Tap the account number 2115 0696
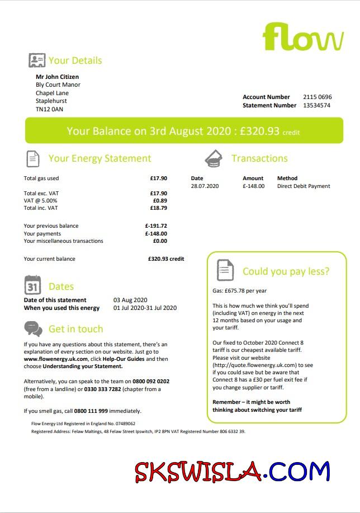(x=318, y=97)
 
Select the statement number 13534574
(x=316, y=105)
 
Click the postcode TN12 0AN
(x=49, y=110)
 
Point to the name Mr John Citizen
(x=57, y=77)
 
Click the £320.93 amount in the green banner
(x=259, y=131)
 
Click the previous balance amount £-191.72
(x=156, y=226)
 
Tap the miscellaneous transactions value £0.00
(x=160, y=241)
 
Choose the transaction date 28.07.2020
(x=205, y=186)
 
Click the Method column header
(x=287, y=178)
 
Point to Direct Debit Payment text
(x=304, y=186)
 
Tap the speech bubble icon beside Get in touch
(x=33, y=328)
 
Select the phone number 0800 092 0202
(x=150, y=382)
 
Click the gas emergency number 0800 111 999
(x=91, y=411)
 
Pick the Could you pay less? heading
(x=286, y=271)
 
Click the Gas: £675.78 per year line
(x=239, y=291)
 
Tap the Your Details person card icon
(x=37, y=60)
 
